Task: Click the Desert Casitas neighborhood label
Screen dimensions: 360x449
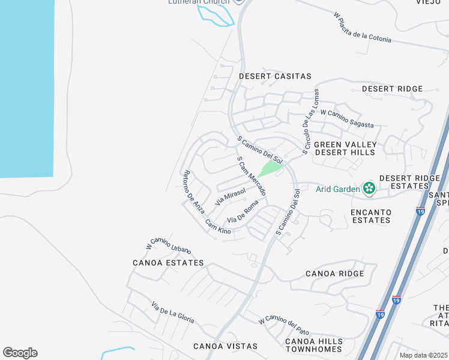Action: pos(275,76)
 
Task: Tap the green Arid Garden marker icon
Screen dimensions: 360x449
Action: pos(369,190)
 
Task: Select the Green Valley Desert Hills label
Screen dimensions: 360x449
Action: pos(345,148)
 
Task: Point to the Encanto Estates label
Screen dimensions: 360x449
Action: pos(371,216)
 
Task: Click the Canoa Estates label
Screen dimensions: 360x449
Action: pos(168,263)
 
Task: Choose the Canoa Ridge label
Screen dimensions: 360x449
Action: pos(334,274)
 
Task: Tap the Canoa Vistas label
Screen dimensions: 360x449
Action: pos(225,346)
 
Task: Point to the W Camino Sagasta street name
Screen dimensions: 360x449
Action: pos(347,118)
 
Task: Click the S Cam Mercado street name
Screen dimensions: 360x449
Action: pos(252,176)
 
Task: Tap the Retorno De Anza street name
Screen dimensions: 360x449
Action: pos(194,190)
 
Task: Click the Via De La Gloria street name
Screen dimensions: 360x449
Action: pos(173,312)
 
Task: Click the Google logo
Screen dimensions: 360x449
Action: pos(20,353)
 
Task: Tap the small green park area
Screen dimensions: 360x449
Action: pos(270,167)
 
